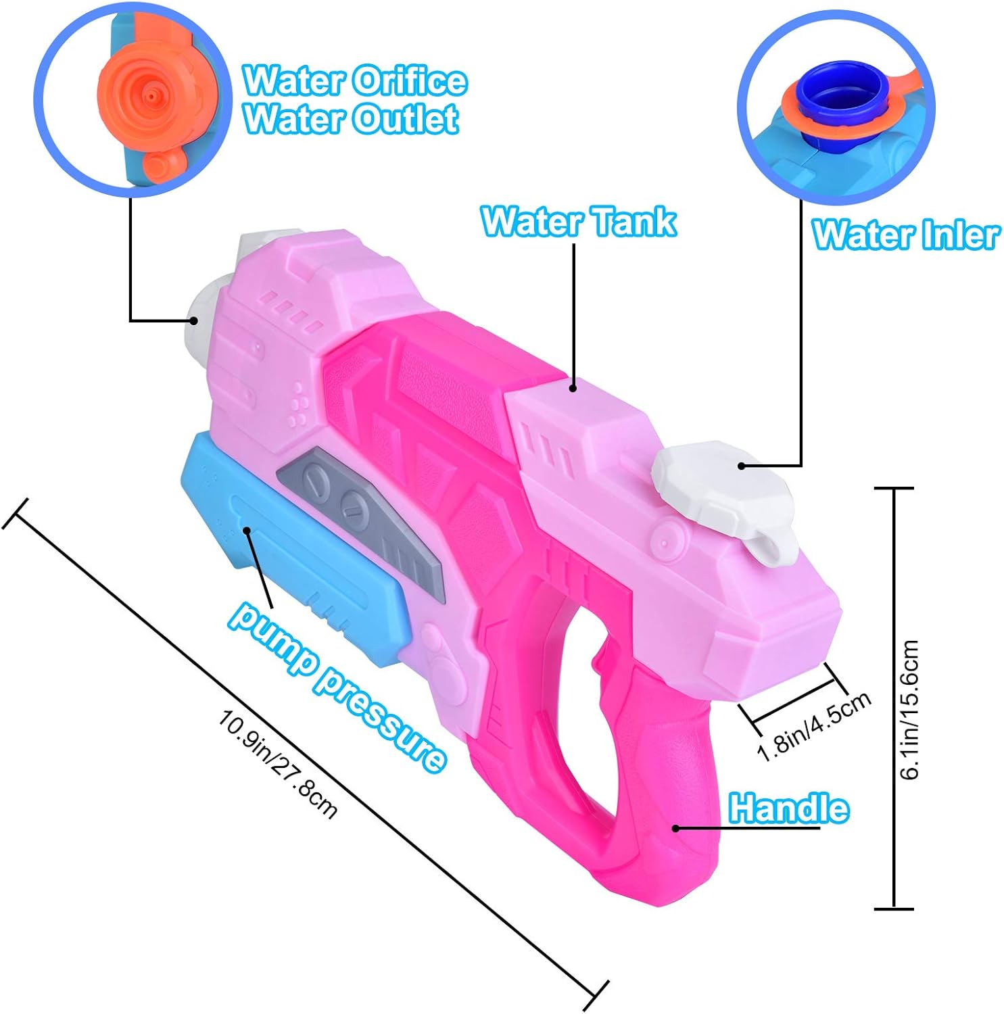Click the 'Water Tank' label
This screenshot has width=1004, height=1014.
click(x=578, y=221)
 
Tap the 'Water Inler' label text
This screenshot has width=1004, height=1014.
click(x=905, y=235)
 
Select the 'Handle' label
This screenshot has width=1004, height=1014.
click(x=788, y=808)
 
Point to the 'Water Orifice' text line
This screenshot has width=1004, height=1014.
click(x=355, y=80)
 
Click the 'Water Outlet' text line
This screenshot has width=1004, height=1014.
click(x=351, y=119)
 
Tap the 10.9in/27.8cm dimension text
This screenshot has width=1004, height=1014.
click(x=277, y=764)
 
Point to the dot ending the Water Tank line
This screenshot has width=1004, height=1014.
click(x=573, y=388)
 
